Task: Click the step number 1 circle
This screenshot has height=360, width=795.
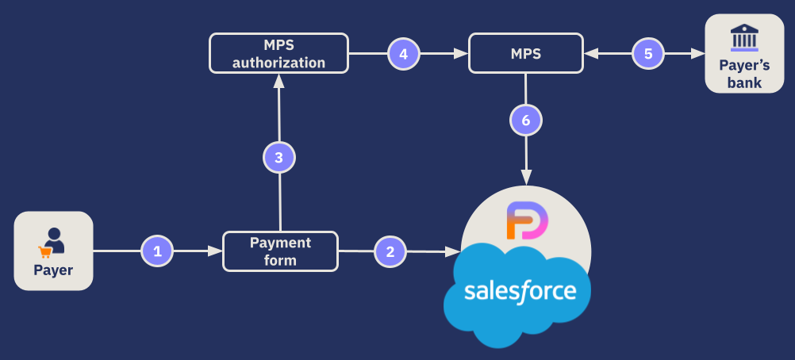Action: point(157,251)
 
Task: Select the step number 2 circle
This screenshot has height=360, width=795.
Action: point(390,251)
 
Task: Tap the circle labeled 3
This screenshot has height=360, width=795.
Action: point(278,158)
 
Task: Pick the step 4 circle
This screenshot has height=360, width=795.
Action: point(403,54)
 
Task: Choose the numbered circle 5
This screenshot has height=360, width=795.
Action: point(647,54)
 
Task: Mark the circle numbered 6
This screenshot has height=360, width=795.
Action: point(525,121)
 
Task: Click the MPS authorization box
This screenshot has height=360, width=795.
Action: point(278,54)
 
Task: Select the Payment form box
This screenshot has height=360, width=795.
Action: point(280,251)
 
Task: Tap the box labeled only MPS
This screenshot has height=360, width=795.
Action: point(525,54)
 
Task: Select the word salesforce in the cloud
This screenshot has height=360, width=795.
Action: point(520,290)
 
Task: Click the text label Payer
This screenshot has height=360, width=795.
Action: point(53,270)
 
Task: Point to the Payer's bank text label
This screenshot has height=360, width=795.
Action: point(744,74)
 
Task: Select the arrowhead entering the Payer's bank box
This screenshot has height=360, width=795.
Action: point(698,54)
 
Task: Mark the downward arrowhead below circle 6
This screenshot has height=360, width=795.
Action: point(525,178)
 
